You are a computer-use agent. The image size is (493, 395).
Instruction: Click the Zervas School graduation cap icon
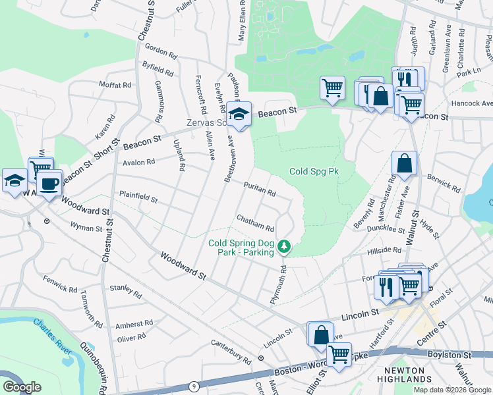[240, 114]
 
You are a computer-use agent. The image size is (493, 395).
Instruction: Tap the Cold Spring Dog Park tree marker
[284, 246]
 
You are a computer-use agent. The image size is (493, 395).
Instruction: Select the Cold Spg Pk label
[314, 171]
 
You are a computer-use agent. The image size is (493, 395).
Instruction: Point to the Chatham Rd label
[255, 223]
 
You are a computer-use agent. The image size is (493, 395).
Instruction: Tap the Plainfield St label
[138, 197]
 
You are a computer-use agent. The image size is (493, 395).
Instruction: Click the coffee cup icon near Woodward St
[48, 184]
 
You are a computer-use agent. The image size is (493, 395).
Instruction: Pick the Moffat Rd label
[115, 86]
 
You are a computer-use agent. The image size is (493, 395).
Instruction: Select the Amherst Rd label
[134, 324]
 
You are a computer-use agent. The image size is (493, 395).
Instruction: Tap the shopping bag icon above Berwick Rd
[404, 165]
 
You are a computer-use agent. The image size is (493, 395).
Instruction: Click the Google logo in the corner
[22, 387]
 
